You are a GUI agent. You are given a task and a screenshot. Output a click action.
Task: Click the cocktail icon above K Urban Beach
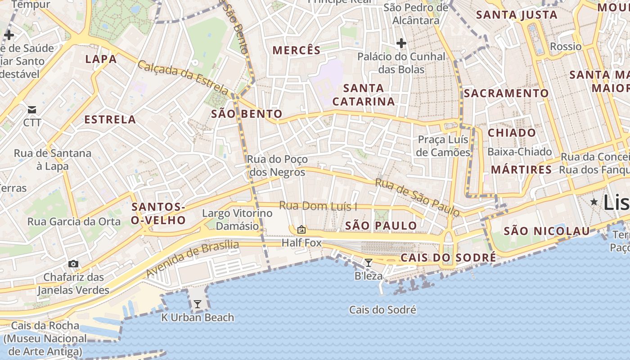coord(197,305)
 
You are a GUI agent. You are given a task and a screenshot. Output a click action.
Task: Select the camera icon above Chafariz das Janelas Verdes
coord(73,264)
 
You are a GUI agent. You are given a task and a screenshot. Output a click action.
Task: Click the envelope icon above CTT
coord(32,110)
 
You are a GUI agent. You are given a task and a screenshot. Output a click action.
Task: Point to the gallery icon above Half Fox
coord(301,230)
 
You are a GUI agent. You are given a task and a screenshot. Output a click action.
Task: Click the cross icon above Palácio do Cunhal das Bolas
coord(401,44)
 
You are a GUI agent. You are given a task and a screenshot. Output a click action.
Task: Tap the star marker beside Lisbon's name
coord(594,202)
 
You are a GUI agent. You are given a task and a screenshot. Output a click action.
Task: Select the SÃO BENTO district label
coord(247,114)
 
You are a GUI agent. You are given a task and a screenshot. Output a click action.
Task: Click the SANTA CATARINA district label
coord(364,94)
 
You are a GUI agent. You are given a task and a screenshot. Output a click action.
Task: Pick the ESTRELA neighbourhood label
coord(110,120)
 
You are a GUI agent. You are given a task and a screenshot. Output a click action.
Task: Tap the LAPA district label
coord(101,59)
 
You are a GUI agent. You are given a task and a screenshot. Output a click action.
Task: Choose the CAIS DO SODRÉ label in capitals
coord(448,258)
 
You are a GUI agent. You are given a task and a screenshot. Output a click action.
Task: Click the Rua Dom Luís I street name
coord(318,206)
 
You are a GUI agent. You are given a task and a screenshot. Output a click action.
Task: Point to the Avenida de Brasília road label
coord(192,259)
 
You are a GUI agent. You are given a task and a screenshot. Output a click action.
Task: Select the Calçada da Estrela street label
coord(184,77)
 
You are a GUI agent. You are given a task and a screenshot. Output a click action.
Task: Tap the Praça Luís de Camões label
coord(443,146)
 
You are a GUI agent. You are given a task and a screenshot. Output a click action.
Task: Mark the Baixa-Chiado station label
coord(519,152)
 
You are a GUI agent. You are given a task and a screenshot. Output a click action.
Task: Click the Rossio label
coord(566,46)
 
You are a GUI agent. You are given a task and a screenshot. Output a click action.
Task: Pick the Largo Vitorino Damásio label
coord(231,219)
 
